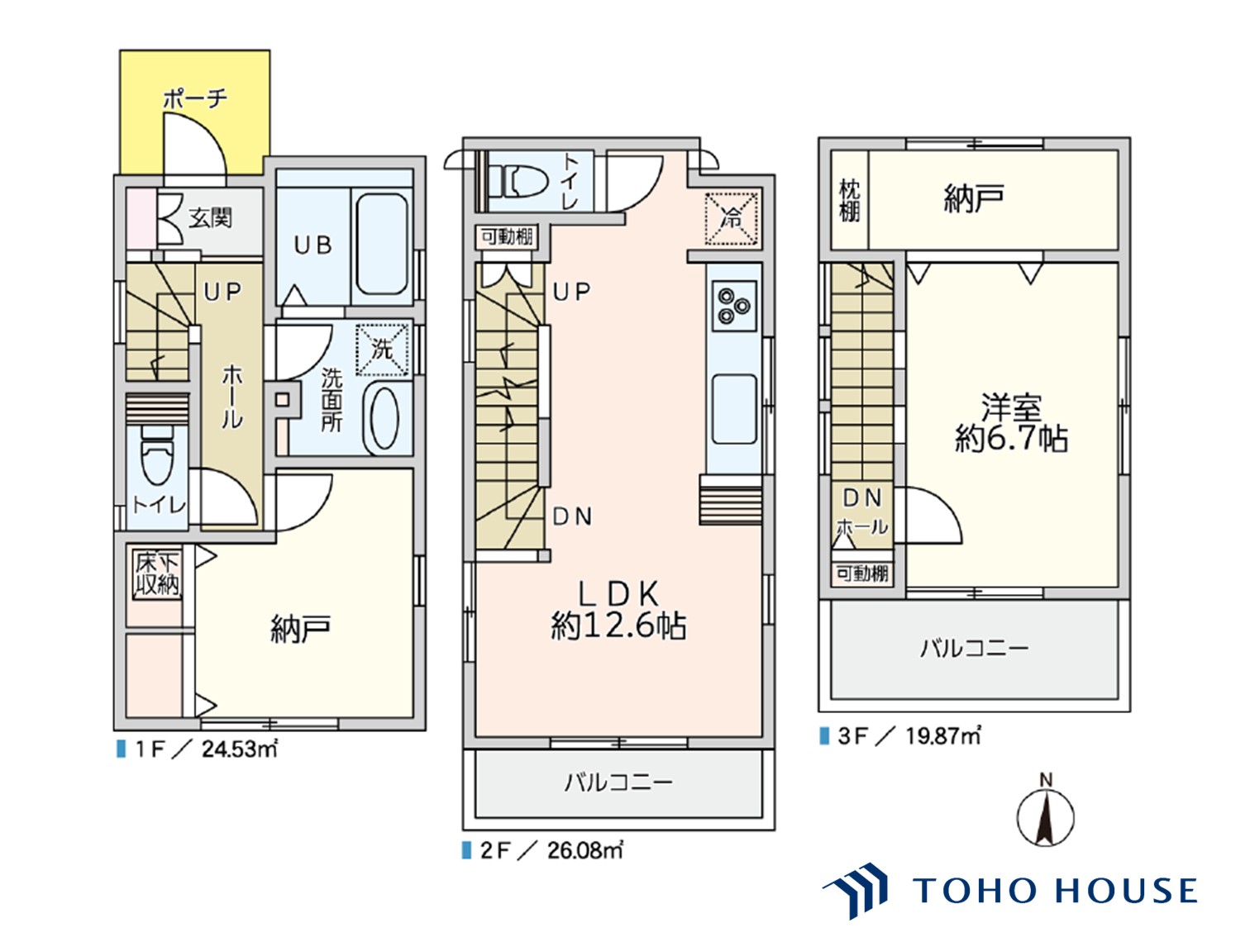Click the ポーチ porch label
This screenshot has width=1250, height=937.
[x=195, y=99]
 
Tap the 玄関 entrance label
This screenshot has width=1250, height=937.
[x=210, y=218]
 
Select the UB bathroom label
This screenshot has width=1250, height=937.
[x=313, y=245]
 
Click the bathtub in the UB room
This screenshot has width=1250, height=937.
[x=382, y=245]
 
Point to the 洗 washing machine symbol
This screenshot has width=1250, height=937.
[x=382, y=350]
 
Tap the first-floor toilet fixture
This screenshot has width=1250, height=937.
[x=156, y=455]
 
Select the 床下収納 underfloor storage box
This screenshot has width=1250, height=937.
[x=157, y=574]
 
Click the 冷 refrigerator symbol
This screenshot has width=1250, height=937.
[x=731, y=219]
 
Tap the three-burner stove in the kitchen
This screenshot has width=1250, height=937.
[x=734, y=306]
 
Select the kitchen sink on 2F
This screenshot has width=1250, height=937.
[x=734, y=408]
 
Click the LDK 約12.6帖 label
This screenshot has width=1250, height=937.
[x=618, y=610]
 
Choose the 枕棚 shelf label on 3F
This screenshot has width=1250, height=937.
[x=849, y=200]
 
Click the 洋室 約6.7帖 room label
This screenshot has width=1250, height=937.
[x=1011, y=423]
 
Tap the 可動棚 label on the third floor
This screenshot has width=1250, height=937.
[x=862, y=573]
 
